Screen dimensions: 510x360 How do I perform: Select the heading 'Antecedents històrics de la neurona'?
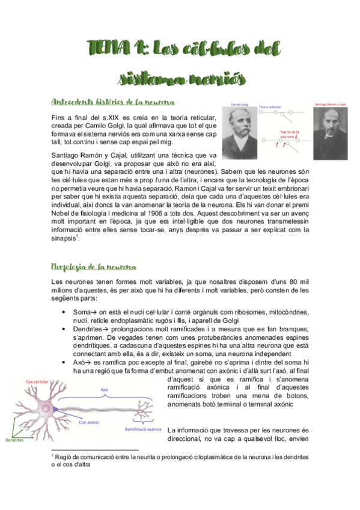point(112,100)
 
